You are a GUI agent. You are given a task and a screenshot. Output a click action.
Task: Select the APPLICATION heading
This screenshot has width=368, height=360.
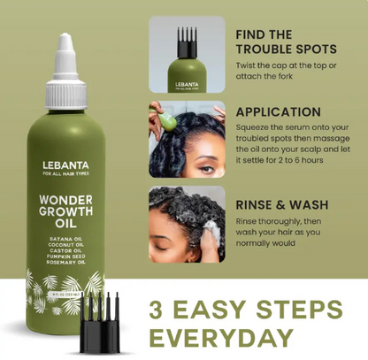coord(279,112)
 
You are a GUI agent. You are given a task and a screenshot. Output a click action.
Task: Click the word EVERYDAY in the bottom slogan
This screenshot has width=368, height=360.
coord(220,337)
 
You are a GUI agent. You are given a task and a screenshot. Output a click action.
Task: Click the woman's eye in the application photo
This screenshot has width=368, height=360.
coord(200,162)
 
